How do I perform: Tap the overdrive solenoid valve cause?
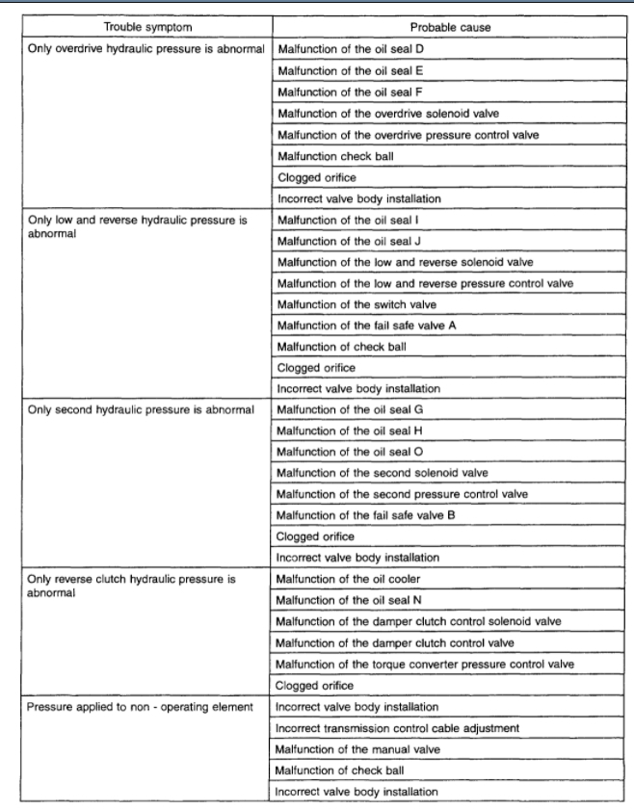(x=385, y=115)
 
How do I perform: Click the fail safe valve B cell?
(x=365, y=515)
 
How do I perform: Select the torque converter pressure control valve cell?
(x=425, y=664)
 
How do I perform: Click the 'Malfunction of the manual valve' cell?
(x=356, y=748)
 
